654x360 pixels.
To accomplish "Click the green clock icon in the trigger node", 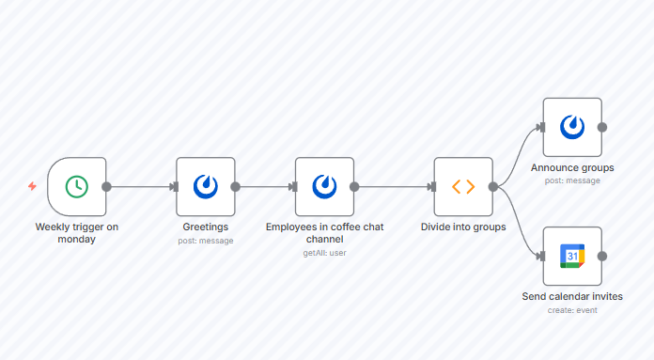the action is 77,186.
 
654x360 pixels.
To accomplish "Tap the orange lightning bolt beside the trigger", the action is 32,186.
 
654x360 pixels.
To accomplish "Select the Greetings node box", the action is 205,186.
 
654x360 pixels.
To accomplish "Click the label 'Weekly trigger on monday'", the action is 77,232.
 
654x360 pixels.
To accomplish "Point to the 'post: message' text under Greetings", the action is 205,241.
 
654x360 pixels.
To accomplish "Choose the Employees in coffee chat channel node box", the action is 324,186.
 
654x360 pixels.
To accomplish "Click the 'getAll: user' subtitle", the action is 324,253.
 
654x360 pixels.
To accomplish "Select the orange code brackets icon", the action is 463,186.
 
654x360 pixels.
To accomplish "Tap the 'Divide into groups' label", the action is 463,227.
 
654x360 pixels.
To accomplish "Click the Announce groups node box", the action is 571,127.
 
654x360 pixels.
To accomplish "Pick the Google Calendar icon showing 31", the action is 571,256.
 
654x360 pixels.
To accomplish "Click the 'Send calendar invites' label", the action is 572,296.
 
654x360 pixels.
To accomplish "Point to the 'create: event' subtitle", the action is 572,309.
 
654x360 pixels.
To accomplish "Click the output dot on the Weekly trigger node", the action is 106,186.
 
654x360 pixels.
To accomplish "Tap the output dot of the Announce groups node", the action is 601,127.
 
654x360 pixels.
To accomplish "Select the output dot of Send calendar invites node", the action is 601,256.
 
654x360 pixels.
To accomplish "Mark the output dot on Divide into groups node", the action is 493,186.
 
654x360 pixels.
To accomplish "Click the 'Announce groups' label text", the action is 572,167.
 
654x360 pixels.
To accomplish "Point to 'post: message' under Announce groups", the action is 572,180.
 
